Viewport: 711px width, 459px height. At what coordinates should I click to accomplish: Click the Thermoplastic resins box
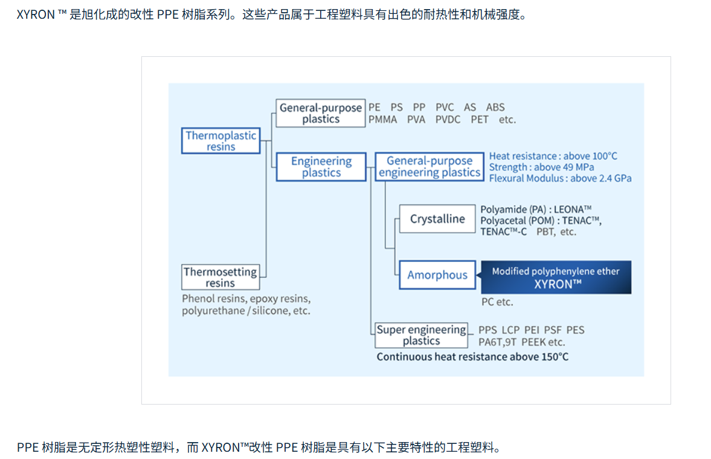[221, 141]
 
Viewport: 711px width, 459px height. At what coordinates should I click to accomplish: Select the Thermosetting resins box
[220, 278]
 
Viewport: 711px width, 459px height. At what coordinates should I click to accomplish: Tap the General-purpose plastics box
[321, 113]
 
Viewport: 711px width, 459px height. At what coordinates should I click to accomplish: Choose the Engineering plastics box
[321, 167]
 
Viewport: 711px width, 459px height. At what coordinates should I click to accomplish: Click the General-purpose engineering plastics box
[429, 167]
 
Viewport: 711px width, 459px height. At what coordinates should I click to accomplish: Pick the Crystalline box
[437, 219]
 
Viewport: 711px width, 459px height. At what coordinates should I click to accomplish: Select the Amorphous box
[437, 275]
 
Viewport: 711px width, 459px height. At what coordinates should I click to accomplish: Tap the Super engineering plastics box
[422, 335]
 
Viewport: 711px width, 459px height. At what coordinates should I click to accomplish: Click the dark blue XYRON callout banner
[556, 278]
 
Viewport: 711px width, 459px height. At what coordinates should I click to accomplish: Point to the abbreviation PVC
[445, 108]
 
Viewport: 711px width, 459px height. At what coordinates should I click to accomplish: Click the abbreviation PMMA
[383, 120]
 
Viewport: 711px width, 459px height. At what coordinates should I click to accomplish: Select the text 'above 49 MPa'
[564, 168]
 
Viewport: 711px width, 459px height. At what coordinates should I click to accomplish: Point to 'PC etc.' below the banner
[497, 302]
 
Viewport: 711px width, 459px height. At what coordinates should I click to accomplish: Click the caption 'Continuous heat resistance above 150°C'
[472, 357]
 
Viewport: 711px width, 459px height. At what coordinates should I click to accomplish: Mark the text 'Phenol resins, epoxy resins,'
[246, 299]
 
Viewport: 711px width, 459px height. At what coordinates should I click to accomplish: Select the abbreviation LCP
[510, 330]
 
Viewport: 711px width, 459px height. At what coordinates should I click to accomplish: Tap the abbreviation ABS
[495, 108]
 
